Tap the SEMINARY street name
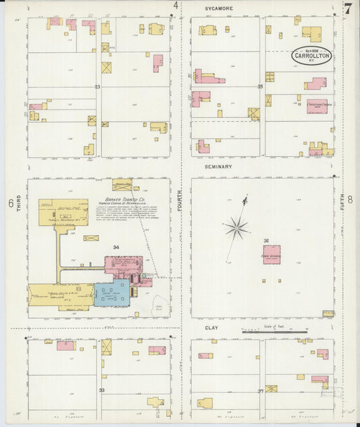[218, 166]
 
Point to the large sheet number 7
[347, 9]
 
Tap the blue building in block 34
[111, 293]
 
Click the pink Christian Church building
[317, 106]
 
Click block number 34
[116, 247]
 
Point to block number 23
[97, 87]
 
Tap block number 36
[266, 241]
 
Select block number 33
[102, 390]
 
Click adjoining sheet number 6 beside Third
[11, 202]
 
